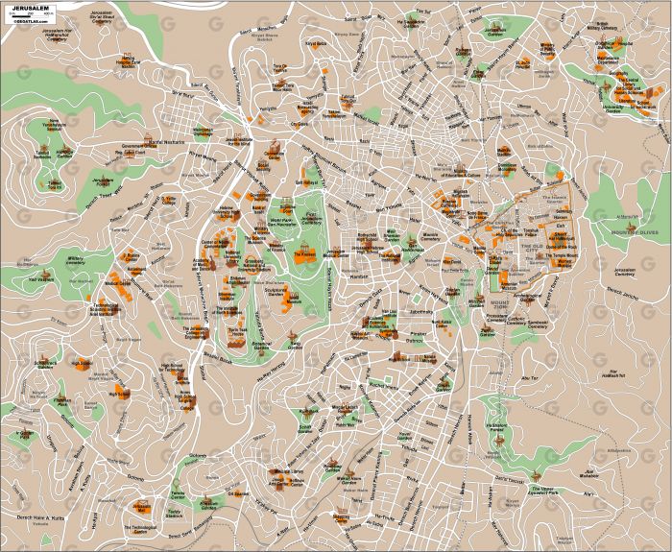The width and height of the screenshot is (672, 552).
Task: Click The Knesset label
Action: [305, 254]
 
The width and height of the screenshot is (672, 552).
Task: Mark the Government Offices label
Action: [130, 150]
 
